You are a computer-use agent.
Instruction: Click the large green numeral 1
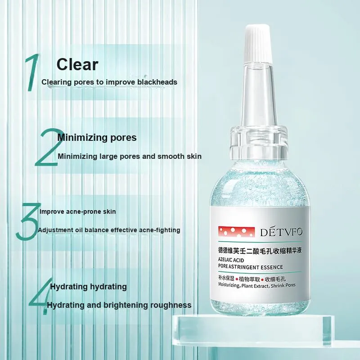click(32, 72)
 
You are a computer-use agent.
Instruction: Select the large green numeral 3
click(28, 221)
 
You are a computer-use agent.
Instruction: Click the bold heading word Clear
click(77, 64)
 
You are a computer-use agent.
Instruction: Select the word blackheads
click(157, 82)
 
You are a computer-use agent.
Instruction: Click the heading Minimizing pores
click(97, 138)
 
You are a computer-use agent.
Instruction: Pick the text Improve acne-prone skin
click(77, 211)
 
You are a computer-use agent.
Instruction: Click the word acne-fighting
click(160, 230)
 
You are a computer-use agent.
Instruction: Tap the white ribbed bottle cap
click(257, 44)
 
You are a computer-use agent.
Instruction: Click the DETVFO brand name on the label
click(281, 232)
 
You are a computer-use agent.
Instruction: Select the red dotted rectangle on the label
click(237, 232)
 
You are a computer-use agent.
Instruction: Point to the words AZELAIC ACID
click(231, 260)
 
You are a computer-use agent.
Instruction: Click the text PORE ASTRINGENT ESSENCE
click(251, 267)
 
